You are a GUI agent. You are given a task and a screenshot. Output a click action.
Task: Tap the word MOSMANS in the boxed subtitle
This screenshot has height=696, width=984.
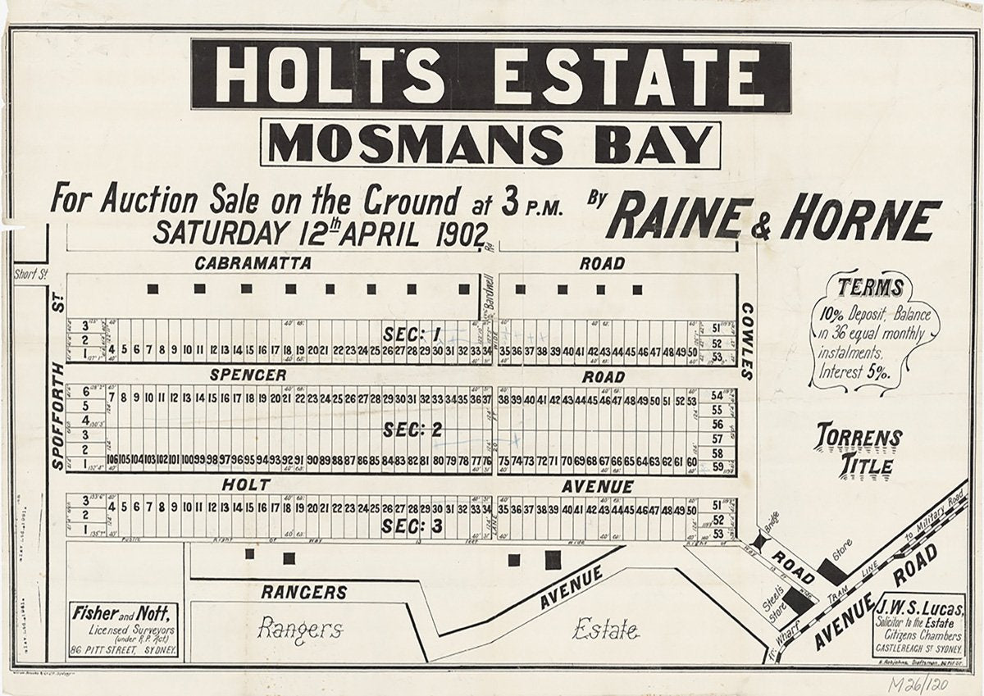click(x=416, y=145)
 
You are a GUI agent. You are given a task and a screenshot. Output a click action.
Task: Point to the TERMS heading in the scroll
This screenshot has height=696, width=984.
click(x=871, y=288)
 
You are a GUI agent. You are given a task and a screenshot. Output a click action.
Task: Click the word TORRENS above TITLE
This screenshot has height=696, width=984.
click(x=859, y=438)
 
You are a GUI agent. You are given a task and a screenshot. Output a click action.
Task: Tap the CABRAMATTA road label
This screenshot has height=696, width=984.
click(x=253, y=264)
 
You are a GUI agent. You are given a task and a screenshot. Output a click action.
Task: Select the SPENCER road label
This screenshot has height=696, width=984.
click(x=247, y=375)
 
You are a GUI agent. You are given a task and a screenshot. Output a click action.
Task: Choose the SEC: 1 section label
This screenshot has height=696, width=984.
click(x=412, y=334)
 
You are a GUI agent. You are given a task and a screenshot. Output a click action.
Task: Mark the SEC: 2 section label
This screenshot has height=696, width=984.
click(x=412, y=430)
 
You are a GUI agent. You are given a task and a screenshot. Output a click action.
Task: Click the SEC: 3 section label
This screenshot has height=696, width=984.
click(x=412, y=526)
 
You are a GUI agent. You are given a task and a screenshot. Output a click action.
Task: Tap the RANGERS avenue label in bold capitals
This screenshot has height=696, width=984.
click(x=304, y=592)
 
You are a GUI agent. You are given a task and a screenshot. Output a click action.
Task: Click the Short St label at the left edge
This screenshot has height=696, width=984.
click(x=28, y=275)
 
